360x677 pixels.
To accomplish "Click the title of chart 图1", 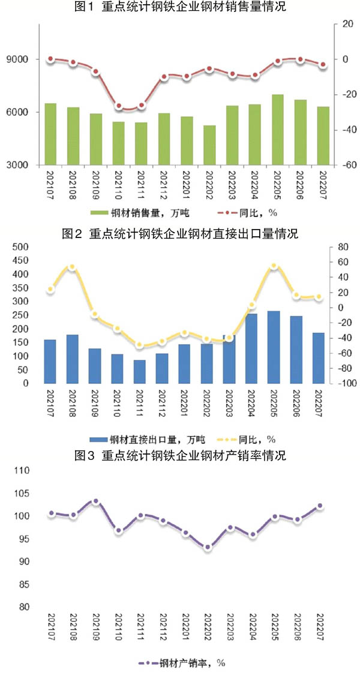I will click(180, 8).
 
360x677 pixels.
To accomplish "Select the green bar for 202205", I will click(277, 130).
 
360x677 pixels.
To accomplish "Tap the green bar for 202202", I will click(209, 145).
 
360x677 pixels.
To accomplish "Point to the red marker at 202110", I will click(118, 106).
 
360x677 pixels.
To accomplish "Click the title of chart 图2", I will click(180, 233).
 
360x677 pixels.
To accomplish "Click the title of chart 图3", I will click(180, 456).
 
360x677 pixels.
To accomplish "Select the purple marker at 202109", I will click(95, 501).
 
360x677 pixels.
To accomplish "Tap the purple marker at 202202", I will click(208, 547).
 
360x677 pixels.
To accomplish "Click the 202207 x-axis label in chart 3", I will click(319, 627).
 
